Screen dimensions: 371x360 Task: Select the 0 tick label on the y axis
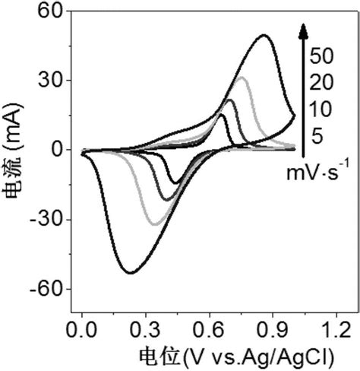[x=58, y=150]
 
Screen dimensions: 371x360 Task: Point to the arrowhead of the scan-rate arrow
[x=302, y=30]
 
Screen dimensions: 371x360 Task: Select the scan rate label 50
[x=322, y=56]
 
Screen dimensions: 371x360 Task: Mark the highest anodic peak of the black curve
[x=264, y=35]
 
